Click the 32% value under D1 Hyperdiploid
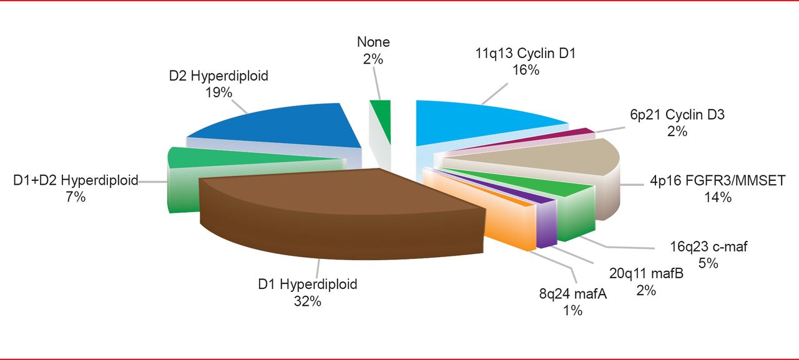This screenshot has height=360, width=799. click(x=308, y=301)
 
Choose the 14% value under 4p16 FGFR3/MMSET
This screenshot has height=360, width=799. click(x=717, y=198)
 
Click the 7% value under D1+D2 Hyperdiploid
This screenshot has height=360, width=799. click(x=75, y=197)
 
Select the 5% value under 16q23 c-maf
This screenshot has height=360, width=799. click(x=708, y=263)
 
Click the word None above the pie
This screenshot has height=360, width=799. click(x=373, y=42)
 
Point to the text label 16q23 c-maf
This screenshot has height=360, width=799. click(x=709, y=246)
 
